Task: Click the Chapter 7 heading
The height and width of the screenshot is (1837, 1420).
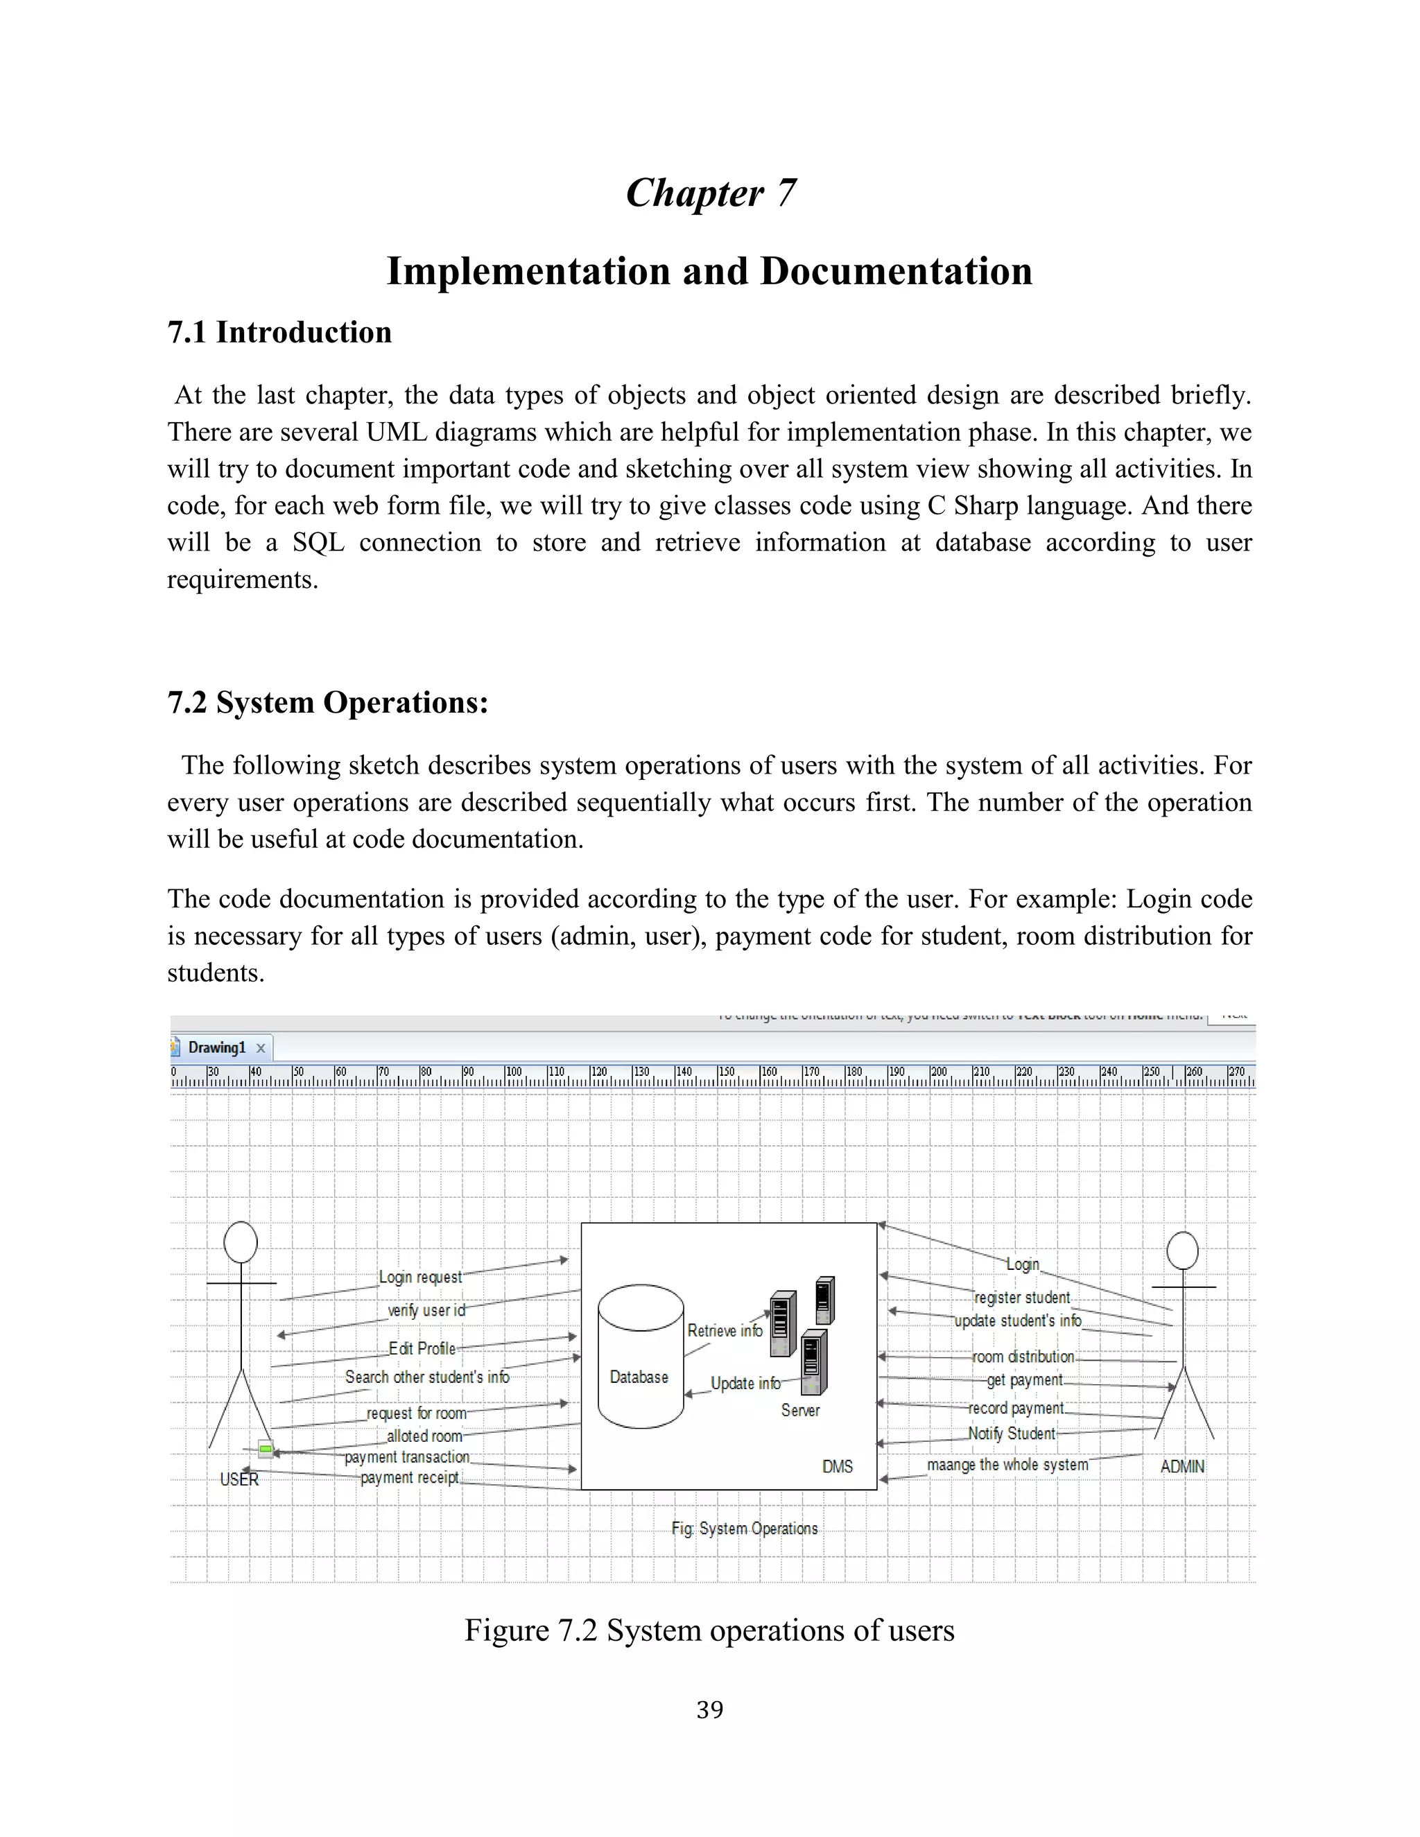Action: pos(710,193)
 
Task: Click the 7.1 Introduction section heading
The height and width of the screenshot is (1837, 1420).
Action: pos(279,332)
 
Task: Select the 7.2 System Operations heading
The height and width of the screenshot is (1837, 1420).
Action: pos(327,702)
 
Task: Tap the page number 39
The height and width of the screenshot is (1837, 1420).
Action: pos(709,1709)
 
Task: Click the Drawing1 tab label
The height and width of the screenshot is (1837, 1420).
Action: pos(217,1047)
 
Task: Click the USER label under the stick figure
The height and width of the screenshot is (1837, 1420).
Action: pos(239,1479)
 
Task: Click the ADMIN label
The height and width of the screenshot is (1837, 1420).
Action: pos(1182,1466)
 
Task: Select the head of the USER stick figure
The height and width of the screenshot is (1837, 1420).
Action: pos(241,1242)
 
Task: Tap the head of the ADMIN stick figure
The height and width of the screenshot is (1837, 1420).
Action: pos(1182,1251)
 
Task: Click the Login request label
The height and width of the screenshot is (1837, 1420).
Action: pos(419,1277)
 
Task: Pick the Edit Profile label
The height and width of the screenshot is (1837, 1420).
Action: pos(422,1348)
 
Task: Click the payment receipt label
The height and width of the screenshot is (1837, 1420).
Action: pos(410,1478)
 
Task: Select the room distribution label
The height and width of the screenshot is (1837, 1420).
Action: pos(1023,1357)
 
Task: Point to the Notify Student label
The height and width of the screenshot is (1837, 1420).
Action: pos(1011,1434)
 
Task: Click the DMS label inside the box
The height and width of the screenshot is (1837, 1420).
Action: pos(837,1466)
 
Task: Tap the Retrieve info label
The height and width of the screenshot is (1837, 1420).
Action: pos(725,1331)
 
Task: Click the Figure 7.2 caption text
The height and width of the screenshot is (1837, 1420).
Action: pos(709,1630)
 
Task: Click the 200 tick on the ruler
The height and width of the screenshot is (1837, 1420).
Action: pos(938,1072)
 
